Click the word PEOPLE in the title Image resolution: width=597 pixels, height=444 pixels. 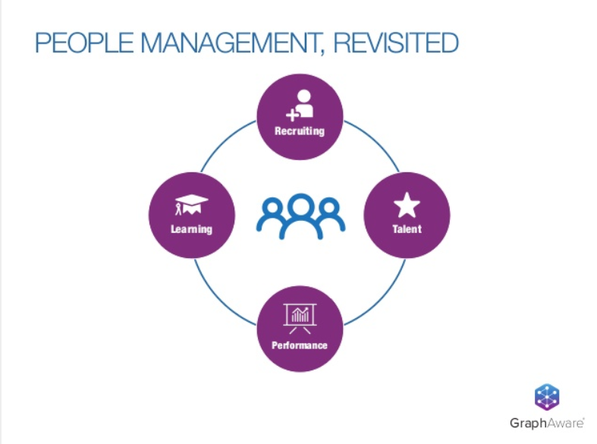click(x=84, y=43)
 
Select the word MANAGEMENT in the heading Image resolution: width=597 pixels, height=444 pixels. click(x=231, y=43)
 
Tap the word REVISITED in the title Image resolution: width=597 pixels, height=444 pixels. click(x=396, y=43)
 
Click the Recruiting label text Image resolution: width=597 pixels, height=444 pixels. click(x=300, y=131)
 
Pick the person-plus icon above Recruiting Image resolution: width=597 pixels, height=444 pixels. click(x=300, y=105)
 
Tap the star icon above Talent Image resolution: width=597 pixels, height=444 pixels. click(x=407, y=205)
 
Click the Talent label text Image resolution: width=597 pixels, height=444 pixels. click(x=407, y=229)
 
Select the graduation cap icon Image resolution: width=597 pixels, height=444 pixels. click(x=191, y=205)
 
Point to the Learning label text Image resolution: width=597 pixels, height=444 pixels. click(x=191, y=229)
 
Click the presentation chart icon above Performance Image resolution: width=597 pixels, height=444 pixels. click(x=300, y=319)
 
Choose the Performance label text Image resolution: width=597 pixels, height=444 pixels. click(x=300, y=345)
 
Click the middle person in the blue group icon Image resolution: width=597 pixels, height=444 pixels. click(x=301, y=216)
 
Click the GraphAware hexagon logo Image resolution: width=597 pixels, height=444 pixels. click(x=547, y=397)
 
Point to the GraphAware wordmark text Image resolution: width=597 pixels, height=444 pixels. click(x=547, y=423)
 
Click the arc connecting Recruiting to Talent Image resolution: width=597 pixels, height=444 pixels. click(x=375, y=141)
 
